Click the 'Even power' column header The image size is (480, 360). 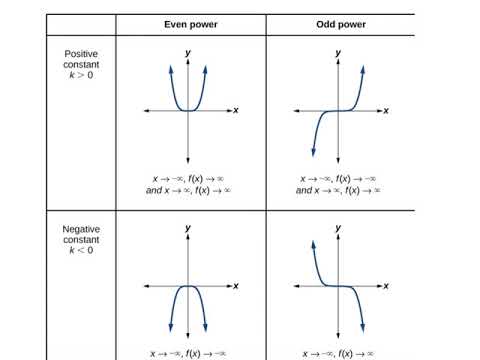click(189, 23)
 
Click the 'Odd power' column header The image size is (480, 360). click(339, 23)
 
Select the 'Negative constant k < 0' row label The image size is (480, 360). click(79, 241)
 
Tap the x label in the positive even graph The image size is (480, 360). click(236, 110)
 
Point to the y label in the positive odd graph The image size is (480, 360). click(339, 52)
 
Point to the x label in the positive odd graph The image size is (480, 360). click(386, 110)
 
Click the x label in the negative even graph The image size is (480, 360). click(236, 286)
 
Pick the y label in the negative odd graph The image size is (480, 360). click(339, 229)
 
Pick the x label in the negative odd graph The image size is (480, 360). click(386, 286)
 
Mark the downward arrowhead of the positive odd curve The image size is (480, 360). click(314, 151)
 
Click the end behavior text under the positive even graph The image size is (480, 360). click(189, 184)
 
